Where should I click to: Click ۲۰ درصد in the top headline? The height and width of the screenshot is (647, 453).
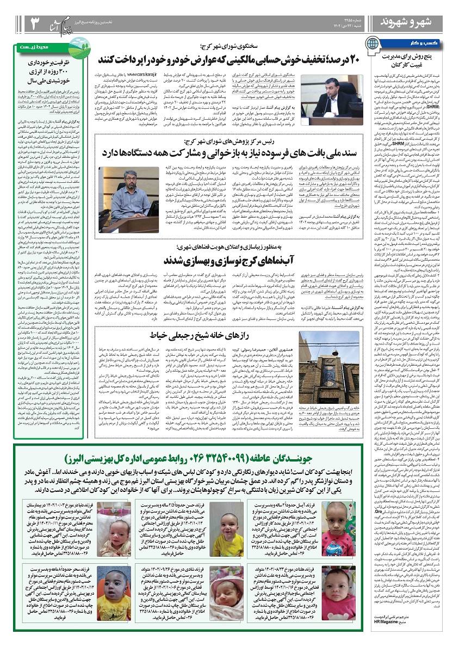tap(334, 59)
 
